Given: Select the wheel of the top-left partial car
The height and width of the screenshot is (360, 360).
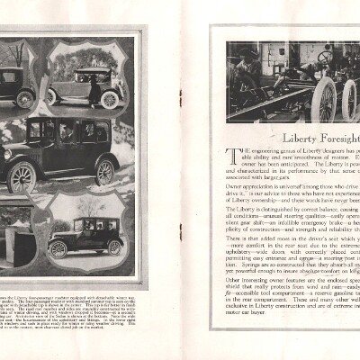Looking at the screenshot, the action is [x=25, y=98].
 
